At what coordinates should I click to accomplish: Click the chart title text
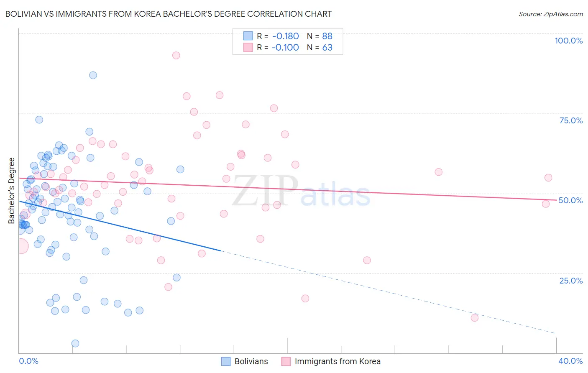click(x=169, y=14)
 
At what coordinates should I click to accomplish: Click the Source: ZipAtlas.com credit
click(x=550, y=14)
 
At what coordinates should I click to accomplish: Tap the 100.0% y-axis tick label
click(x=568, y=41)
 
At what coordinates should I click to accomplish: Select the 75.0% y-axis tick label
click(x=571, y=120)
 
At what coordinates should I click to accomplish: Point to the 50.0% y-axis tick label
click(x=570, y=200)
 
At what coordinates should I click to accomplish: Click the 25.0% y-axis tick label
click(x=571, y=280)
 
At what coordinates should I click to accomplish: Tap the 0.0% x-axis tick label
click(x=28, y=361)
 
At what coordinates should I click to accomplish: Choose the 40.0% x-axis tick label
click(x=570, y=361)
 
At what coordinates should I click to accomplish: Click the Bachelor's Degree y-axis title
click(x=12, y=190)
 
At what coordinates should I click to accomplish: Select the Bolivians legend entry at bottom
click(x=245, y=361)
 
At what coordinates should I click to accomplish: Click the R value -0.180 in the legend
click(x=285, y=36)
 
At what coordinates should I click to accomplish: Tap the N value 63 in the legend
click(x=327, y=47)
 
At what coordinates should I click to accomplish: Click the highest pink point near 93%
click(x=176, y=55)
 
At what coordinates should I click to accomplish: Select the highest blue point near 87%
click(x=93, y=75)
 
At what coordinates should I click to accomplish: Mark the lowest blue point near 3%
click(x=75, y=343)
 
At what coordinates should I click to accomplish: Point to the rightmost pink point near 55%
click(x=548, y=178)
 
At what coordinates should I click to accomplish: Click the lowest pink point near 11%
click(x=475, y=318)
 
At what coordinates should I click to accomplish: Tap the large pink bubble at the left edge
click(x=21, y=246)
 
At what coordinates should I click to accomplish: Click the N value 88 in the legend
click(x=327, y=36)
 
